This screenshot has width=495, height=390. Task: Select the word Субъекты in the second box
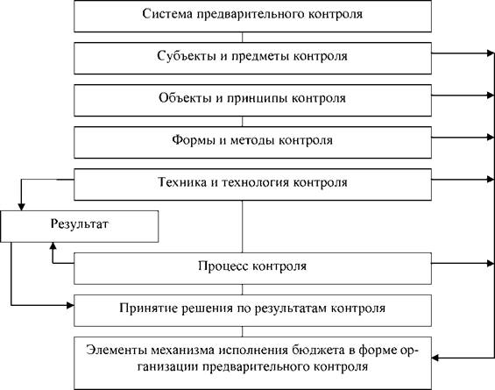[x=187, y=56]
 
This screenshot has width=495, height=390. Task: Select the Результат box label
[x=79, y=223]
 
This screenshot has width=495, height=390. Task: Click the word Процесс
[x=223, y=266]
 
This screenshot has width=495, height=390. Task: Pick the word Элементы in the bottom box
[x=115, y=351]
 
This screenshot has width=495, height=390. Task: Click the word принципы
[x=258, y=98]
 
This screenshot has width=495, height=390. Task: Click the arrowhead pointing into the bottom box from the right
[x=435, y=358]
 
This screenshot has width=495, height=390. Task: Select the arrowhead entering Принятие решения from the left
[x=70, y=305]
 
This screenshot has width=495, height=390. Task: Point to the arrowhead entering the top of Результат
[x=21, y=207]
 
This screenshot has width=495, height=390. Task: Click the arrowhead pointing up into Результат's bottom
[x=53, y=246]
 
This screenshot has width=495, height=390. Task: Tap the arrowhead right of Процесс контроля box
[x=491, y=263]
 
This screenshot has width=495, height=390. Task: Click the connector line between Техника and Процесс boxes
[x=242, y=226]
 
